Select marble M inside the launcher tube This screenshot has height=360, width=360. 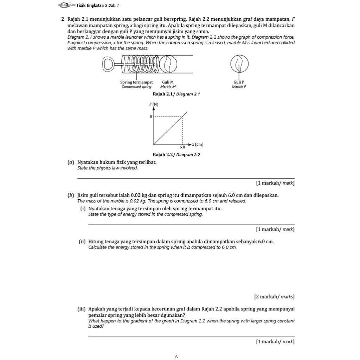click(168, 64)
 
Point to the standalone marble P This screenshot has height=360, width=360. click(239, 64)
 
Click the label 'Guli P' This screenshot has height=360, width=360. click(239, 82)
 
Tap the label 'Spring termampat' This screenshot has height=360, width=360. click(136, 82)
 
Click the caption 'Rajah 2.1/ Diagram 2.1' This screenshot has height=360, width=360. click(176, 94)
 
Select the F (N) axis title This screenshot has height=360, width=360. click(154, 104)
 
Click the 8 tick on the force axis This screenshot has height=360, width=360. click(151, 116)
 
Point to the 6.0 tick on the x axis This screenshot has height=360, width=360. click(182, 147)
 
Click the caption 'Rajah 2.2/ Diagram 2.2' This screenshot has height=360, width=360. click(176, 155)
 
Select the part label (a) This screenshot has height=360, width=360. click(71, 162)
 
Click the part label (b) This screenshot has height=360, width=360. click(71, 195)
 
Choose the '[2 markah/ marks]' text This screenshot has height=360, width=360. click(274, 297)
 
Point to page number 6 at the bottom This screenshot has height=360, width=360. click(176, 357)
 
